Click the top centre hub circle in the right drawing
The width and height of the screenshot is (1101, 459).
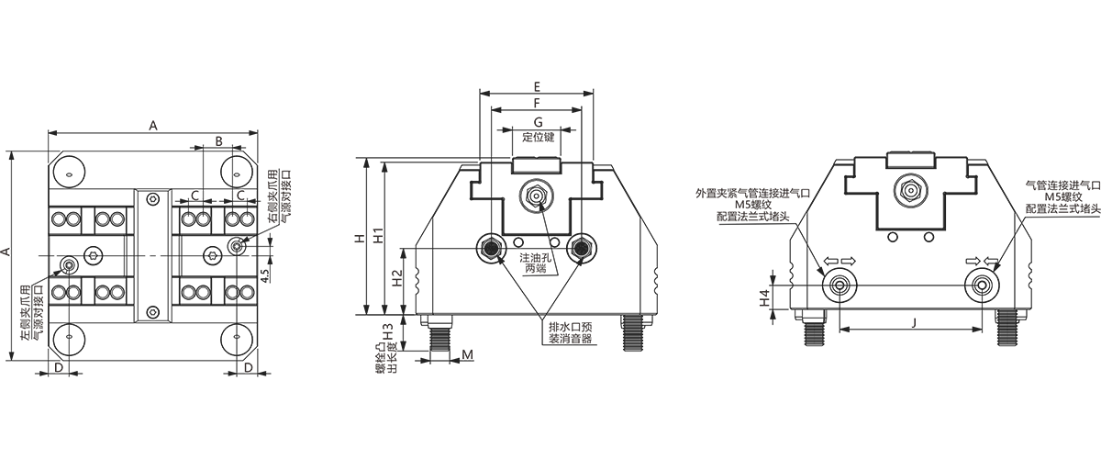click(x=910, y=188)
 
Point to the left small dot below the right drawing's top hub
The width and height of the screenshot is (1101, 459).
click(x=888, y=235)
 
